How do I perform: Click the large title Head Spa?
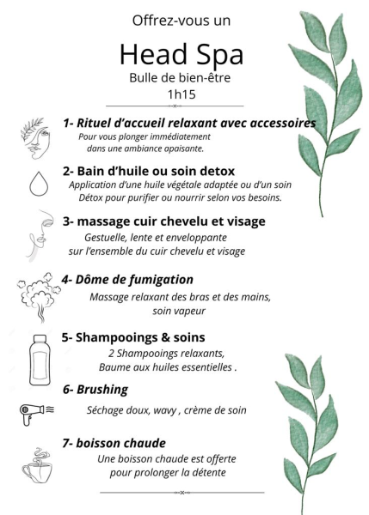click(181, 55)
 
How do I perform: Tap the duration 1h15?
click(181, 94)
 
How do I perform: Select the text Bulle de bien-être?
click(180, 78)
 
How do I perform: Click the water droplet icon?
click(39, 184)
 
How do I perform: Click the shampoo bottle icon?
click(40, 360)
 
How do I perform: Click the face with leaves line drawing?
click(35, 138)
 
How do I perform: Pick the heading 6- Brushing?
click(95, 389)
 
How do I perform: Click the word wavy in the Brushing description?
click(164, 410)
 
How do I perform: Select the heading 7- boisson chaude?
click(114, 443)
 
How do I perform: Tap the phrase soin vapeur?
click(179, 311)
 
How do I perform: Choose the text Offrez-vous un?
click(181, 21)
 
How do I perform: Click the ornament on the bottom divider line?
click(182, 493)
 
